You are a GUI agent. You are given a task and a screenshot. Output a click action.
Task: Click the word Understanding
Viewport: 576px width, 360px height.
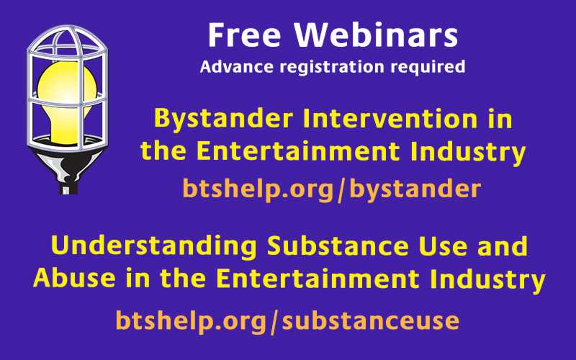pyautogui.click(x=153, y=246)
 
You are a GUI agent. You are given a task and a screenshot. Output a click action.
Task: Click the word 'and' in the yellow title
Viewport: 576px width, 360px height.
pyautogui.click(x=504, y=246)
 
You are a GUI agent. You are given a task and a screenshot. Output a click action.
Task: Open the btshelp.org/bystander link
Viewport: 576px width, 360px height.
pyautogui.click(x=332, y=189)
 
